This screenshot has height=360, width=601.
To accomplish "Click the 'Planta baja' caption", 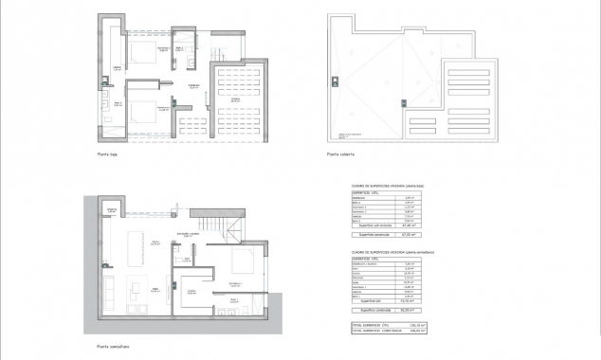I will point(108,153).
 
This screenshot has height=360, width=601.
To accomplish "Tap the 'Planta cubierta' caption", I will point(342,153).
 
